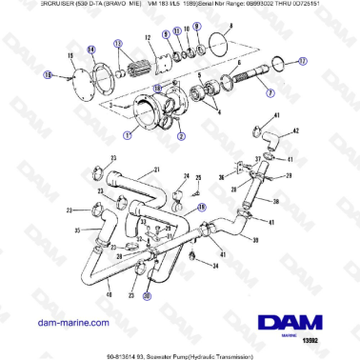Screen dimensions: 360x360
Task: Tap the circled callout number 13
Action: point(118,45)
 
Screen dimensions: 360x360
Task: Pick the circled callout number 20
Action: point(147,295)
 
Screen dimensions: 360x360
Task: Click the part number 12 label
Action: point(150,37)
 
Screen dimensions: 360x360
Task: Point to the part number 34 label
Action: point(215,266)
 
